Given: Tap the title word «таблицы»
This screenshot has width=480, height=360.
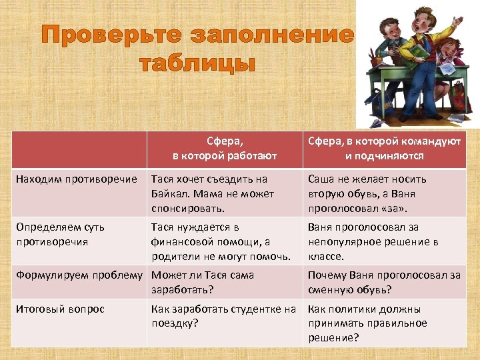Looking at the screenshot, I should click(197, 64).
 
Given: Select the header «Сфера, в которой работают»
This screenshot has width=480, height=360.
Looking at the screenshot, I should click(225, 149).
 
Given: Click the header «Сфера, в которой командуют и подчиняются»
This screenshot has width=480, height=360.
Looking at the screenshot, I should click(384, 149).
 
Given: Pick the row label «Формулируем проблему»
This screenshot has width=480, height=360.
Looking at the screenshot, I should click(79, 275).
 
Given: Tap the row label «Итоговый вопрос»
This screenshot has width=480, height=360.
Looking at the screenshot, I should click(60, 309).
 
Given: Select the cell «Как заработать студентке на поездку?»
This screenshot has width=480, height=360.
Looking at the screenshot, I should click(223, 316).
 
